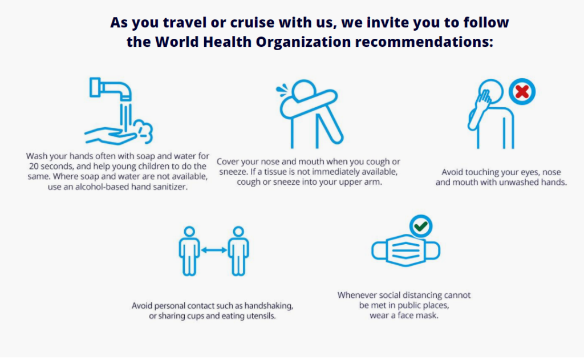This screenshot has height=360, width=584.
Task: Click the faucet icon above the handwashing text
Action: (110, 90)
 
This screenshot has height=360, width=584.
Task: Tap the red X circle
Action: (522, 92)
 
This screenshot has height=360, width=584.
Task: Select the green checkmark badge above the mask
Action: (421, 226)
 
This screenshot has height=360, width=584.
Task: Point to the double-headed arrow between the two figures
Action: (214, 250)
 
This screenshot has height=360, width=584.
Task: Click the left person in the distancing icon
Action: (189, 251)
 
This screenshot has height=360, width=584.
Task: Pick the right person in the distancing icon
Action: (238, 251)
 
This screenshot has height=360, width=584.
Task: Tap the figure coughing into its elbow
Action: (309, 114)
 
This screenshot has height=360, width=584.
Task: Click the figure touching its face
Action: (491, 114)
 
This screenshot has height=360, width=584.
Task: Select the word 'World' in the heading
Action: (177, 42)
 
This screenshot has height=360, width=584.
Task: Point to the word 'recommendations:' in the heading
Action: (424, 42)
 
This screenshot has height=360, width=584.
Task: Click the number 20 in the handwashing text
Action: (34, 166)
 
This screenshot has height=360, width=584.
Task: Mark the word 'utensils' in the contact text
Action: (262, 316)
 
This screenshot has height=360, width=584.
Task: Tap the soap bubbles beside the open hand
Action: (144, 131)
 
